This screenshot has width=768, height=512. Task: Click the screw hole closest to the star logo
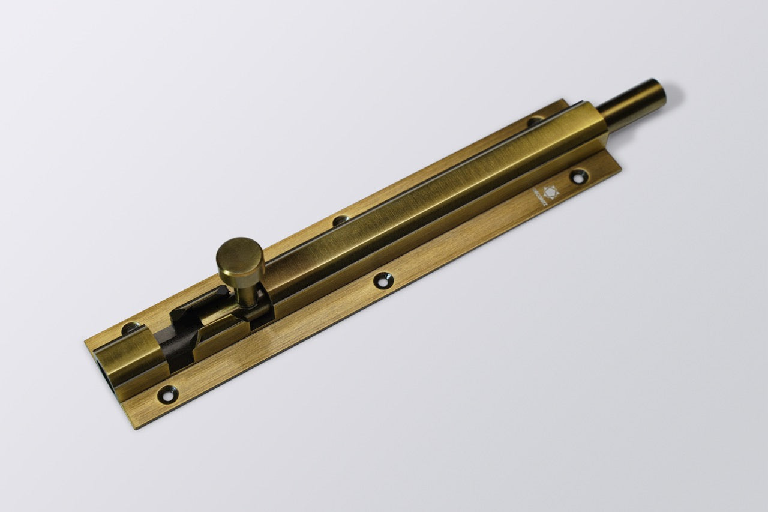578,176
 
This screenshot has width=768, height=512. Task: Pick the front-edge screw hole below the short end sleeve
167,394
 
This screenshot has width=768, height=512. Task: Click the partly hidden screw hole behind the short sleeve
130,328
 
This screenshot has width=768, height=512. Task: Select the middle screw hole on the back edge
340,220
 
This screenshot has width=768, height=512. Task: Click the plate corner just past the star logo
620,167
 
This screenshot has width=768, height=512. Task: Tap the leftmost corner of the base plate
85,343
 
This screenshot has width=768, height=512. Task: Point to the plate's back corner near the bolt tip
564,100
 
